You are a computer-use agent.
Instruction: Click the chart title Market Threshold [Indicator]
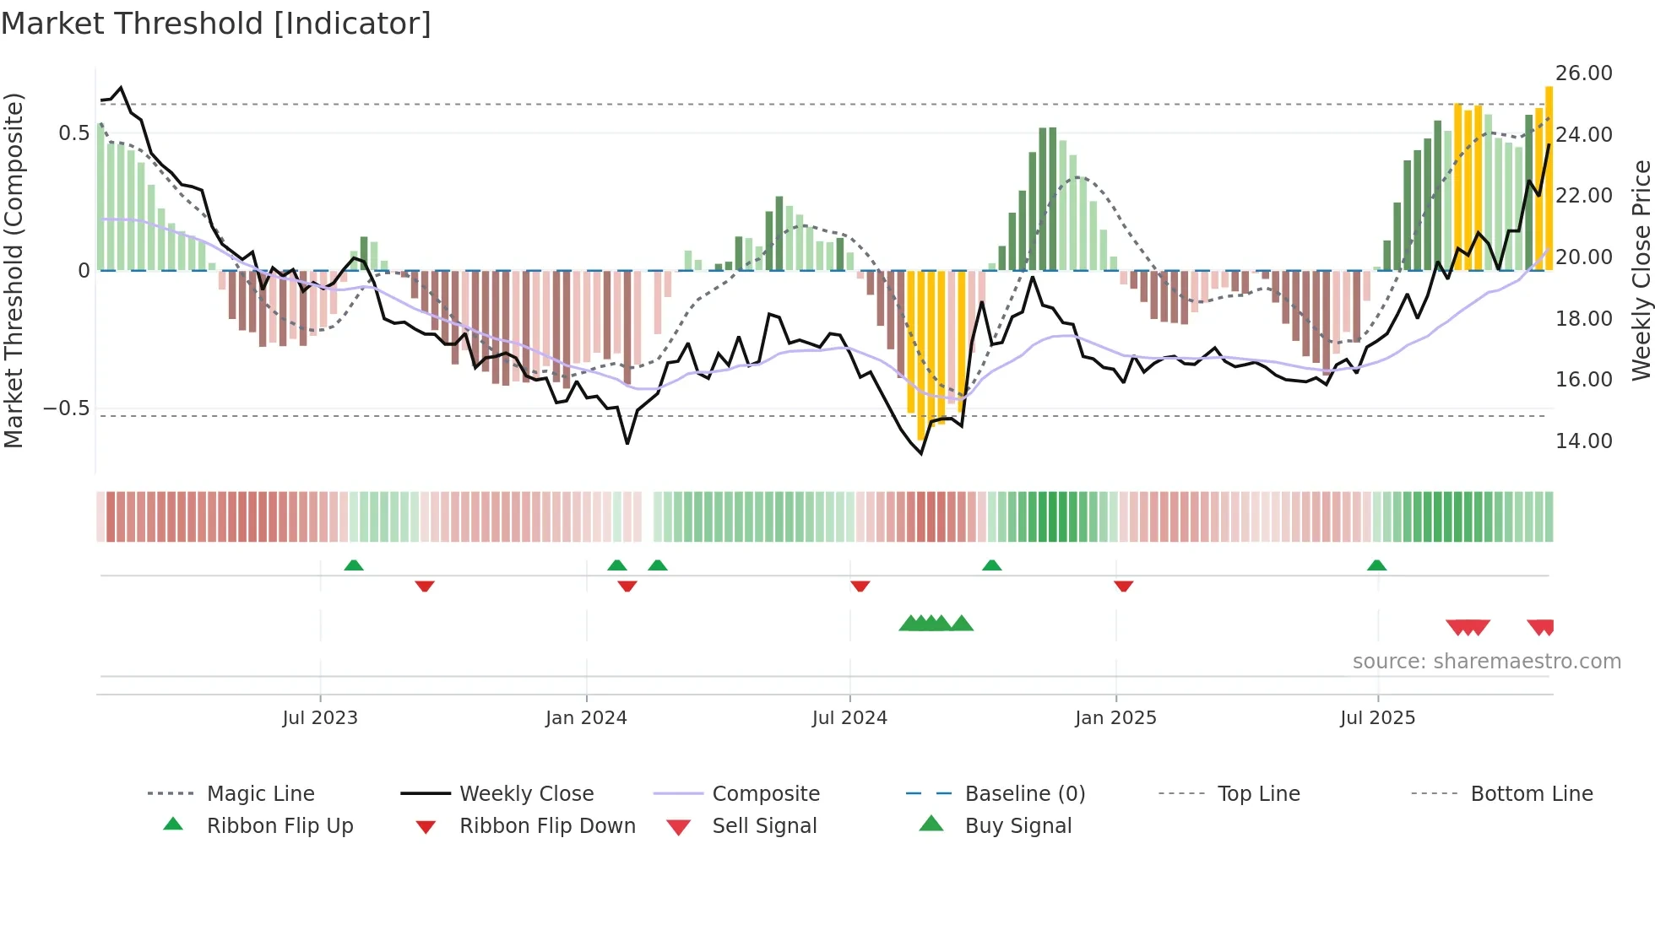point(216,24)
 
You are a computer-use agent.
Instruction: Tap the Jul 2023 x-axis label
point(320,718)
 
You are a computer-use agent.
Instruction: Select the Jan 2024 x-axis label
point(586,718)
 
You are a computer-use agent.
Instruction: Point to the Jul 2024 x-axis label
point(849,718)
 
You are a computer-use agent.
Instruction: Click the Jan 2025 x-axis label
point(1115,718)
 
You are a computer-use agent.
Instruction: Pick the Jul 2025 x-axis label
point(1377,718)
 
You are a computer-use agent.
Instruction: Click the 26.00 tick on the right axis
point(1583,73)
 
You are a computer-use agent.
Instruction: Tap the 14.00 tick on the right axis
point(1583,441)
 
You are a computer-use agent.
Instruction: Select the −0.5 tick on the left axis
point(67,408)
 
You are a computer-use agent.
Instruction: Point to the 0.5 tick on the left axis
point(74,133)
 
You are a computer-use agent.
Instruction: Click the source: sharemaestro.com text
point(1486,662)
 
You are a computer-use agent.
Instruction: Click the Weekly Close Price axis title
point(1641,270)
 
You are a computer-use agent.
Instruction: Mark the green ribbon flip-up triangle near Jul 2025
point(1376,565)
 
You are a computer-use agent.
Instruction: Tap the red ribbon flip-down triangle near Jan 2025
point(1123,586)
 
